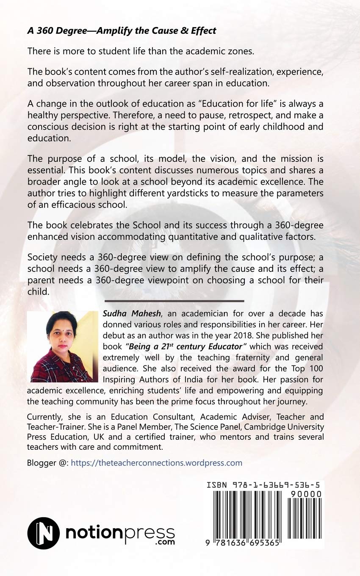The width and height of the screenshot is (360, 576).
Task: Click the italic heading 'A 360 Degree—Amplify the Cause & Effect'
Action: pos(122,30)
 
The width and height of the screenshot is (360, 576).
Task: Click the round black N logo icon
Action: pos(43,533)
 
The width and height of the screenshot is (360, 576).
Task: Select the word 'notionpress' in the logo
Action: pos(119,532)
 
